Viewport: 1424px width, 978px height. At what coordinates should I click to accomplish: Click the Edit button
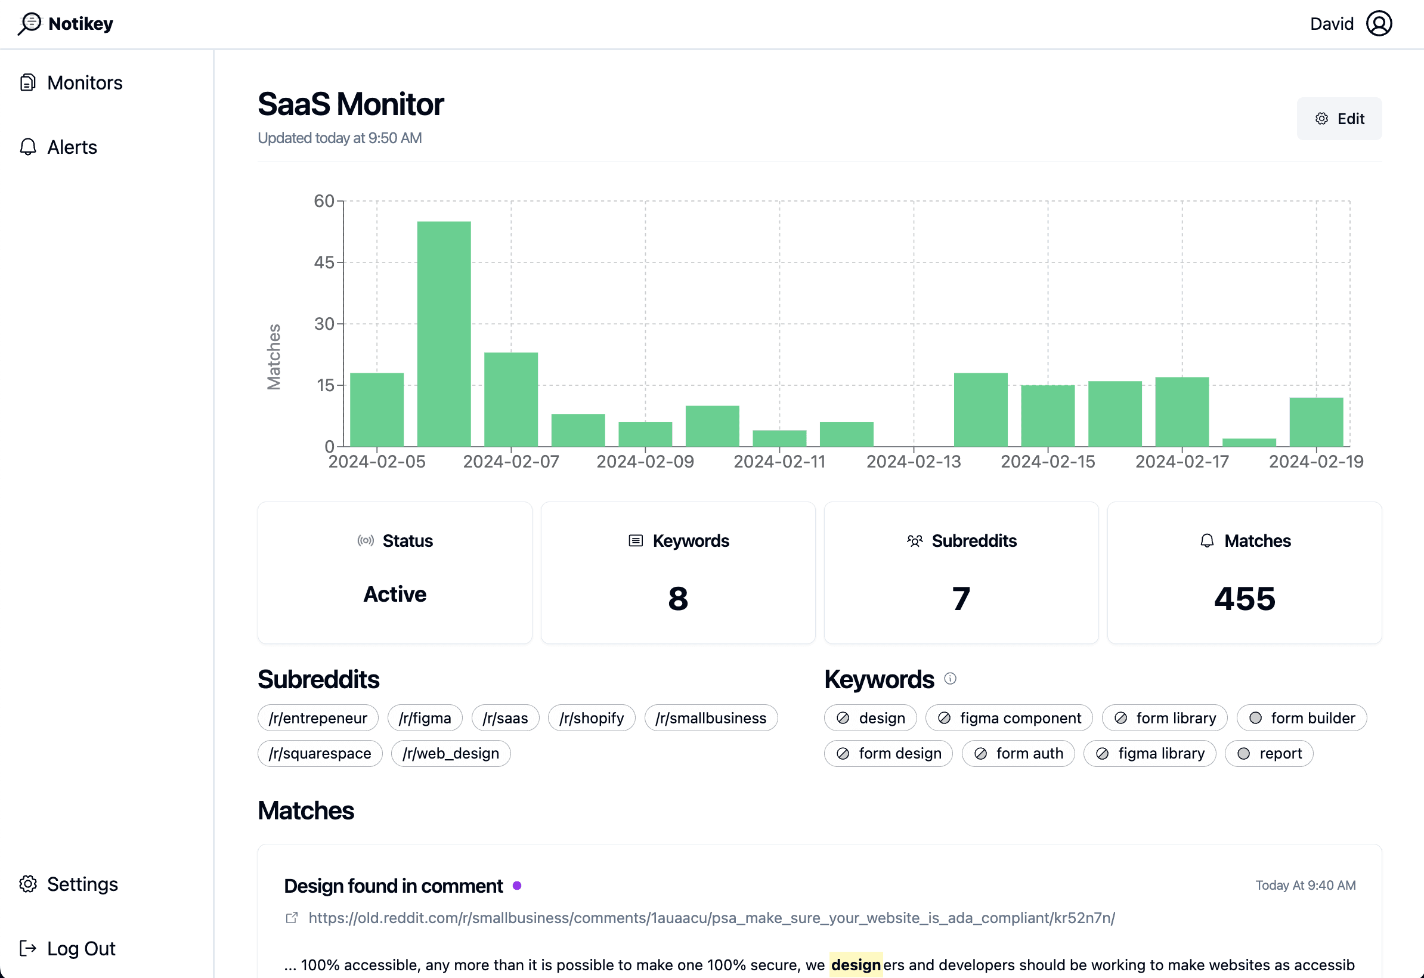[x=1339, y=118]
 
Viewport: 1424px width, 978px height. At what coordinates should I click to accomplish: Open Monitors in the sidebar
[x=84, y=83]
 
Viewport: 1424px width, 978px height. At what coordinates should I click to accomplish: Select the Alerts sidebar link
[x=71, y=147]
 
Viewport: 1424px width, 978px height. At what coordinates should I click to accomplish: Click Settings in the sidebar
[x=82, y=884]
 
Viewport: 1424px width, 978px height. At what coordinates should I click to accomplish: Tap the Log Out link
[x=81, y=948]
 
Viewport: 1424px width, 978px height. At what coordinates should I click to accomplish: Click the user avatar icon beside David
[x=1379, y=24]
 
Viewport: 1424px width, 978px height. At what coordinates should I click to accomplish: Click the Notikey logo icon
[x=29, y=24]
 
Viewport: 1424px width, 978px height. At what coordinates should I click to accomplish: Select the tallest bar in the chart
[x=444, y=334]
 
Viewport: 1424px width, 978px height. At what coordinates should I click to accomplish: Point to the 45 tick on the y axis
[x=324, y=262]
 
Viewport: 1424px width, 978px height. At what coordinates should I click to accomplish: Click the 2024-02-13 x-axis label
[x=913, y=462]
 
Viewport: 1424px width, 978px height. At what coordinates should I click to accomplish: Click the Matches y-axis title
[x=274, y=357]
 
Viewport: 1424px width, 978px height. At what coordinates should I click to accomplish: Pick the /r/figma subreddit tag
[x=425, y=717]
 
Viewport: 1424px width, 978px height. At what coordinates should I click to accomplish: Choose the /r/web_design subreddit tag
[x=450, y=753]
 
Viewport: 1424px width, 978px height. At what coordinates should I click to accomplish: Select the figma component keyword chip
[x=1008, y=717]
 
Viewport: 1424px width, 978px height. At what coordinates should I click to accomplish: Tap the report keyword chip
[x=1268, y=753]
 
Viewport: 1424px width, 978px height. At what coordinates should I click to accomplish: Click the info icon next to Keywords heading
[x=950, y=679]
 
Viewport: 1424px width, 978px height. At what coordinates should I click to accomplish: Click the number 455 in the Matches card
[x=1244, y=598]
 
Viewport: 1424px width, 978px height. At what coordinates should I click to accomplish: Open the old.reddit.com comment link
[x=711, y=917]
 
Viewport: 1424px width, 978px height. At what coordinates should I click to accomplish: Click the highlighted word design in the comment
[x=855, y=964]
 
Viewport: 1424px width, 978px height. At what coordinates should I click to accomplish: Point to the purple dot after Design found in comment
[x=516, y=886]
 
